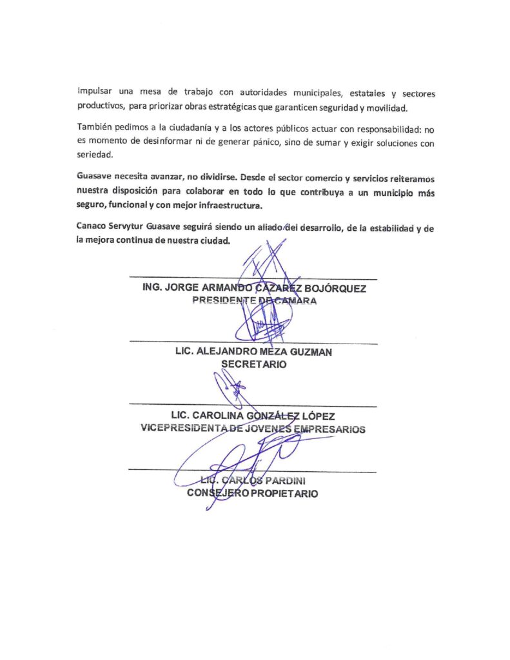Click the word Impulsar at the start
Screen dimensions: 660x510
click(93, 92)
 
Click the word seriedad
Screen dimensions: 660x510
click(95, 155)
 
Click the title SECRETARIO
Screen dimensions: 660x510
click(253, 364)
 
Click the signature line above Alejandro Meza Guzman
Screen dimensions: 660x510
click(253, 341)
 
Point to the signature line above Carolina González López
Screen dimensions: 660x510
click(253, 406)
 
